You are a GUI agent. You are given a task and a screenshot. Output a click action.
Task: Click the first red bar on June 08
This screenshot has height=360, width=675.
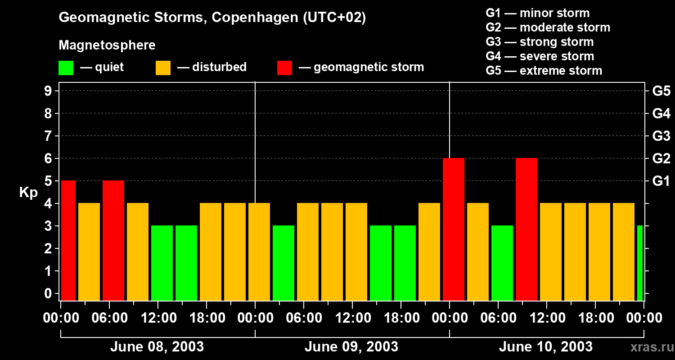click(x=68, y=240)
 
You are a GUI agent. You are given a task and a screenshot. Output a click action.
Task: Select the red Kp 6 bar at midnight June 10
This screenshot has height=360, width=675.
click(x=454, y=229)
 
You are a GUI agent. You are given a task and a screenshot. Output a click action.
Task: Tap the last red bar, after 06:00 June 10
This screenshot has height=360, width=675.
click(x=526, y=229)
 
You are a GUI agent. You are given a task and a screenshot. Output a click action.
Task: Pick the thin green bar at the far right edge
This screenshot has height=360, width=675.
click(x=640, y=263)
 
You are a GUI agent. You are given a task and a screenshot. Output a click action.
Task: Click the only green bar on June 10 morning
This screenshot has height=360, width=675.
click(x=502, y=263)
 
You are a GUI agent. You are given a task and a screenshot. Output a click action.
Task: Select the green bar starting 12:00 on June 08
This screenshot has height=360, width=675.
click(x=162, y=263)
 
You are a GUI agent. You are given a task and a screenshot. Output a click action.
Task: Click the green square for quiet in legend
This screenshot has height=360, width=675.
click(x=66, y=67)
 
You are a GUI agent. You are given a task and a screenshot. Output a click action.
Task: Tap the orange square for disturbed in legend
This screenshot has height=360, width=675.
click(x=163, y=67)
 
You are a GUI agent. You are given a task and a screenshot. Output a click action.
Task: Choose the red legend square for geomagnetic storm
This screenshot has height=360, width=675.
click(x=284, y=67)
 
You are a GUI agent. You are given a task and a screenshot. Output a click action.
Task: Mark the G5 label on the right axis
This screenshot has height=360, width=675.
click(x=661, y=91)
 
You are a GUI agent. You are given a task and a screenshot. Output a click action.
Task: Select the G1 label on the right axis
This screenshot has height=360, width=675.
click(x=661, y=181)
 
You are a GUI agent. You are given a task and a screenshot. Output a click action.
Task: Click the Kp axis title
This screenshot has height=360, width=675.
click(x=28, y=192)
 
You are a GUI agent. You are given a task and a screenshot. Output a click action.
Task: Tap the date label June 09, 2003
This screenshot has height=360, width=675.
click(x=351, y=347)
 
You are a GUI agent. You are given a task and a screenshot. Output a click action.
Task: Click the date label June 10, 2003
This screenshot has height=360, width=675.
click(x=545, y=347)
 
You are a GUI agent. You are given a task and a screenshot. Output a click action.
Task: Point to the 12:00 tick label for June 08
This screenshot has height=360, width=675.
click(x=158, y=318)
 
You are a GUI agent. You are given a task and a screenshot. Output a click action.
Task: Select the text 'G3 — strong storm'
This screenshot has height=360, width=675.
click(x=540, y=42)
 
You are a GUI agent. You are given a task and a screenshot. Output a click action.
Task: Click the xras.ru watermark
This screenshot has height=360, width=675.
click(x=651, y=347)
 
